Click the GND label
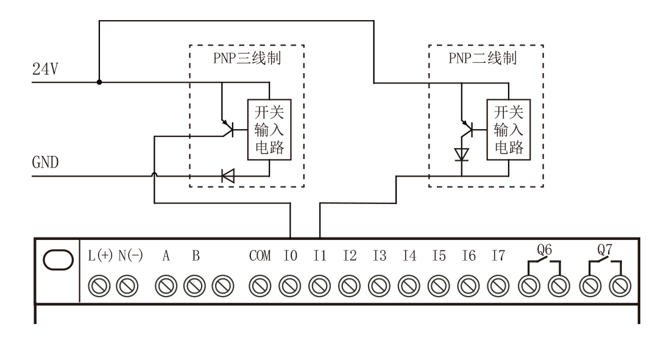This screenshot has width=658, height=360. tap(46, 164)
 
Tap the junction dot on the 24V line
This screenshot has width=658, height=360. tap(99, 82)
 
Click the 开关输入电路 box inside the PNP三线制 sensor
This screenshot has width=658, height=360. tap(269, 130)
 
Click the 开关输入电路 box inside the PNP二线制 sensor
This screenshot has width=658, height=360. tap(508, 130)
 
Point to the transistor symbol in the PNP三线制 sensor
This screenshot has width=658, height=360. tap(228, 128)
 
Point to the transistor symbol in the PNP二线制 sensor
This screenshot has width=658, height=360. tap(467, 128)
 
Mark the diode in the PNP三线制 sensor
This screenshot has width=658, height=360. tap(228, 177)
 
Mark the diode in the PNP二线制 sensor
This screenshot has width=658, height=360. tap(462, 154)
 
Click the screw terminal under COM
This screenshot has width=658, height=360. tap(260, 284)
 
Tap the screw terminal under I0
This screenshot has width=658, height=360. tap(289, 284)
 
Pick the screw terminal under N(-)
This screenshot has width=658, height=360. tap(126, 284)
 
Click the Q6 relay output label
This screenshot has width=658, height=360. tap(543, 249)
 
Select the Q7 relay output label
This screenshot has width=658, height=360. tap(604, 249)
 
